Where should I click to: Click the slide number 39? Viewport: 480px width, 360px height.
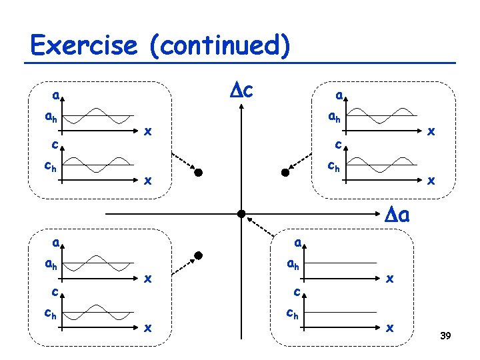click(x=446, y=335)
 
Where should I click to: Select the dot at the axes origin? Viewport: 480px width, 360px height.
click(x=241, y=214)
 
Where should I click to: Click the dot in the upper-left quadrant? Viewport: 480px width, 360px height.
click(x=198, y=173)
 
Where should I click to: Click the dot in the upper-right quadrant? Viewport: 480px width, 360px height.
click(x=285, y=173)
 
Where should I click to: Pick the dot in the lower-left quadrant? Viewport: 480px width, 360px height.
click(x=198, y=256)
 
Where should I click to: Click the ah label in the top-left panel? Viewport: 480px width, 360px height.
click(x=50, y=119)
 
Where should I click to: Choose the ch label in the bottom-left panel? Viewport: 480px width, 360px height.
click(x=50, y=312)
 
